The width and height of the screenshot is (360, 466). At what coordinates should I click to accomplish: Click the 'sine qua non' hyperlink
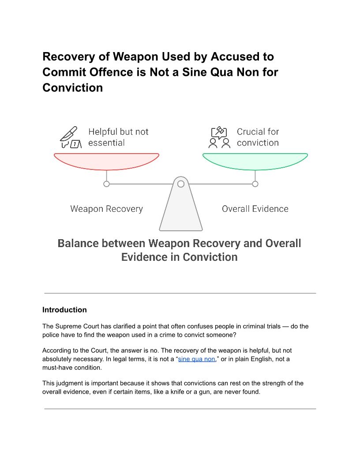coord(196,359)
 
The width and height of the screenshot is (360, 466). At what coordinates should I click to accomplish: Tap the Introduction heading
coord(64,310)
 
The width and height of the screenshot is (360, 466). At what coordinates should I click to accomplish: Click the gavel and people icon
coord(220,137)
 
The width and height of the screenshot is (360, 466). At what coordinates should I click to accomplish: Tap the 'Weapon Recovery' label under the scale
coord(106,209)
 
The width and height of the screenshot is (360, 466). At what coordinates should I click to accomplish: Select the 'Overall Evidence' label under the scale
coord(255,209)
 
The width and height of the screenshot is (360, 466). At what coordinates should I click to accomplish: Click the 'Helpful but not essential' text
coord(118,137)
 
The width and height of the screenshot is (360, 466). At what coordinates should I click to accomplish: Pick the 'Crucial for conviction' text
coord(258,137)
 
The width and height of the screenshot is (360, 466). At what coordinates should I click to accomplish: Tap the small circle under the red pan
coord(106,184)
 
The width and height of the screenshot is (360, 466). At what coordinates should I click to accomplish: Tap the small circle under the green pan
coord(255,184)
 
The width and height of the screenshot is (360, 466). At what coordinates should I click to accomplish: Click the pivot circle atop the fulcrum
coord(181,184)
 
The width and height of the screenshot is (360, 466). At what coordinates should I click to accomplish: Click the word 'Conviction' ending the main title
coord(72,88)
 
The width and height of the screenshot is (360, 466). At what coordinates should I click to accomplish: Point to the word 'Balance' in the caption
coord(80,244)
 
